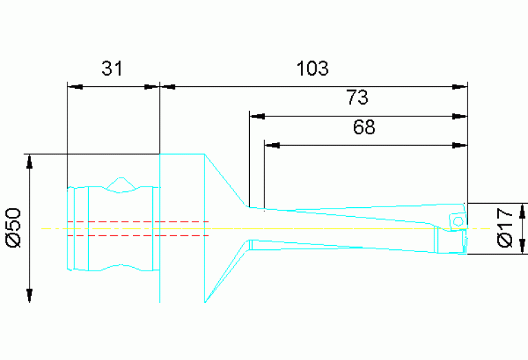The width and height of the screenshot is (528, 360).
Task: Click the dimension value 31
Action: click(x=112, y=68)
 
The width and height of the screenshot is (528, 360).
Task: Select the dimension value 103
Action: click(x=313, y=68)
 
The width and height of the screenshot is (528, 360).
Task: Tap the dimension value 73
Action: click(x=357, y=97)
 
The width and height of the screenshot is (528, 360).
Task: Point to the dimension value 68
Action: click(x=364, y=127)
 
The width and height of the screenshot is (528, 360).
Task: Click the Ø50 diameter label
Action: click(x=14, y=228)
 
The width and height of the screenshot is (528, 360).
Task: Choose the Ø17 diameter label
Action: click(x=505, y=228)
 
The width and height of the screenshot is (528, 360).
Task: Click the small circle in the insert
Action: click(x=458, y=222)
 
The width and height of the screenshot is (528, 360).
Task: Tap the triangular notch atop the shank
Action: click(x=121, y=184)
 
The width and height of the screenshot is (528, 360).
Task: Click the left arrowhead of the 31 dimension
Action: click(x=75, y=87)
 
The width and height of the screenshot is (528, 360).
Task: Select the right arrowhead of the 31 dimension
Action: click(x=151, y=87)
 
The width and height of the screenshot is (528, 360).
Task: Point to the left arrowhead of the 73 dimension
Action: click(x=257, y=116)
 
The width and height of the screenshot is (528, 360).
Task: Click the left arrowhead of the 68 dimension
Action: click(x=272, y=145)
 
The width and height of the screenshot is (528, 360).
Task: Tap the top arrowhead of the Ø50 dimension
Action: click(x=30, y=162)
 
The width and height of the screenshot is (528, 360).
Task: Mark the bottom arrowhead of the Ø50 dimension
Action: click(x=30, y=295)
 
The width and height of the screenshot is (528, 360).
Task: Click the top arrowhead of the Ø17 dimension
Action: click(x=522, y=211)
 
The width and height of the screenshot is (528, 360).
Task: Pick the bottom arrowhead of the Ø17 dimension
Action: click(x=522, y=246)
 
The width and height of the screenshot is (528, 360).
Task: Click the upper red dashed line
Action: click(x=138, y=222)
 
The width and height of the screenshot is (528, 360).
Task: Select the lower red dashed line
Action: click(x=138, y=235)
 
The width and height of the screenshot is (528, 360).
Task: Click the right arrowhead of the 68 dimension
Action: click(x=460, y=145)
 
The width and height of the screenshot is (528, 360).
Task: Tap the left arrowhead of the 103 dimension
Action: click(x=168, y=87)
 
